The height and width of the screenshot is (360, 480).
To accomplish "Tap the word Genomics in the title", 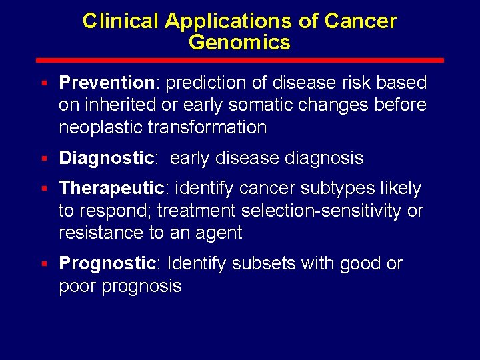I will coord(239,43).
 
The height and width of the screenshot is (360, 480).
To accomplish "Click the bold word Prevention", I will coord(107,83).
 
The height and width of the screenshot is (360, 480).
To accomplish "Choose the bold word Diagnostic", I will coord(107,158).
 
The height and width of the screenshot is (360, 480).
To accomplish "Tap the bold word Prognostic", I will coord(107,263).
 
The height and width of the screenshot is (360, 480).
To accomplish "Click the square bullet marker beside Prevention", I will coord(43,83).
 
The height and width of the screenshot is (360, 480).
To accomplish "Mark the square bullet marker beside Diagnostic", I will coord(43,159).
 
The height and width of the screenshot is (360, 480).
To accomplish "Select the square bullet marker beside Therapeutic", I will coord(43,189).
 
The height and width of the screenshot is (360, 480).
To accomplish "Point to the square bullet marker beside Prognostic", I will coord(43,264).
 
